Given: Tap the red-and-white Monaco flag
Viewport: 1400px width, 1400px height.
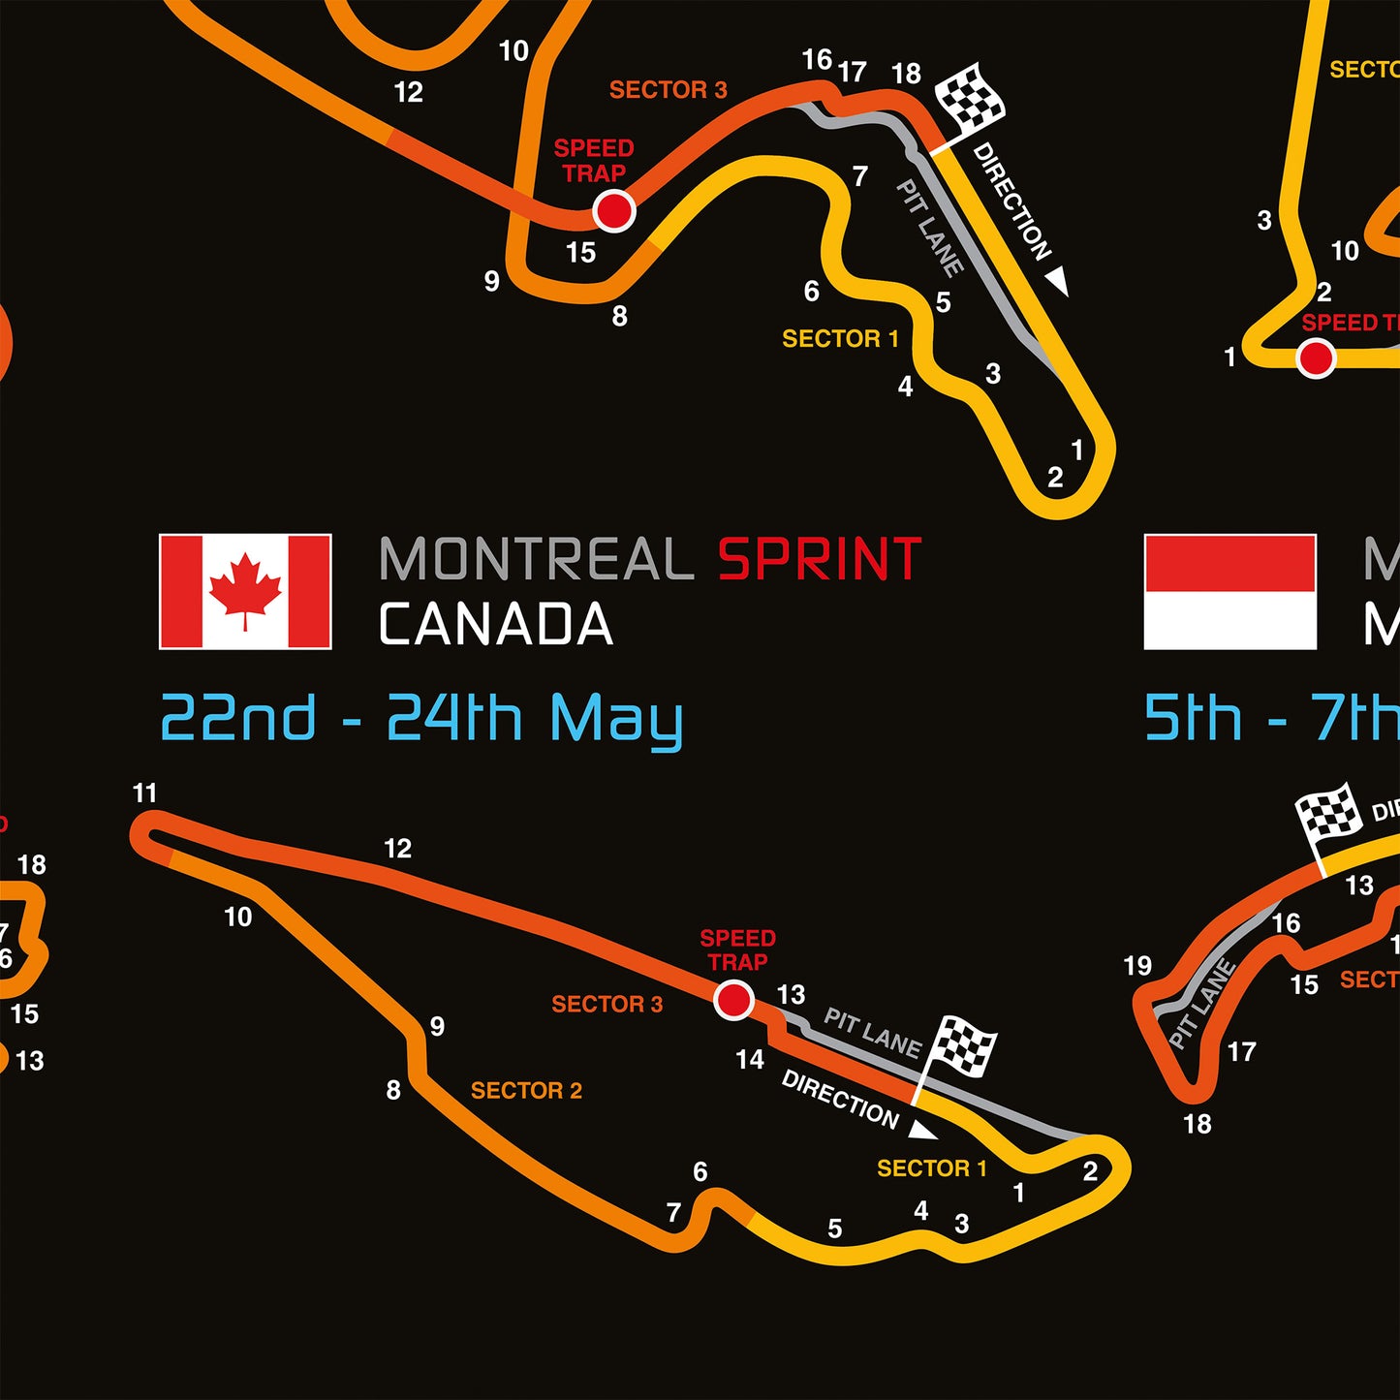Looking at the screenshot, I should click(x=1229, y=591).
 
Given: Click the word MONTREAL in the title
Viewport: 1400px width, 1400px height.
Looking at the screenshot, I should click(x=536, y=560).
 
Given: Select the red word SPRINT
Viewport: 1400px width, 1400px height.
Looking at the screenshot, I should click(x=819, y=560).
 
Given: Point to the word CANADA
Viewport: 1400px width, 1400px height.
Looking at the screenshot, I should click(x=495, y=625).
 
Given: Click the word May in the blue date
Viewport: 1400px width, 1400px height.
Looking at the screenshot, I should click(x=616, y=720).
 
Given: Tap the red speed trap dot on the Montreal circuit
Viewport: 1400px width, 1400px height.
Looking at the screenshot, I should click(x=733, y=999).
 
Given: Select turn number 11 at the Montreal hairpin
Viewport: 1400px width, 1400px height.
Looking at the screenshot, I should click(x=144, y=793).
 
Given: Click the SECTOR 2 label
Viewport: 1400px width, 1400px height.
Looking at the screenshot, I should click(x=526, y=1091).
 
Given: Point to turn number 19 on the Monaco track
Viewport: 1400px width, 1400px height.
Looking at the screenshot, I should click(x=1137, y=966).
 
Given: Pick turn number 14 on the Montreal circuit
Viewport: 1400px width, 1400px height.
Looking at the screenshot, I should click(x=749, y=1060).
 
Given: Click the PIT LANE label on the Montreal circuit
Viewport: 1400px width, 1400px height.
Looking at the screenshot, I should click(x=872, y=1032).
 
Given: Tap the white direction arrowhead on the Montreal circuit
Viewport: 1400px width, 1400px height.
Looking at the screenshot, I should click(x=922, y=1131).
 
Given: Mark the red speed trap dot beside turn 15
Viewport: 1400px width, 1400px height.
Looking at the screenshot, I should click(x=613, y=210).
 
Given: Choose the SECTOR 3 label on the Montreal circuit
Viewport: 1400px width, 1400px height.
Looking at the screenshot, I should click(x=607, y=1005).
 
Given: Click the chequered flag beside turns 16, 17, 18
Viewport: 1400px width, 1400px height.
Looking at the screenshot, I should click(x=971, y=97).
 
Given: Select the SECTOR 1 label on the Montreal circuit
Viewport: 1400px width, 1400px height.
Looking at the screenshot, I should click(x=931, y=1168).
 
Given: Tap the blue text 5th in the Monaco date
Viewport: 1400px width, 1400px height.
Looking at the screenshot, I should click(x=1193, y=719).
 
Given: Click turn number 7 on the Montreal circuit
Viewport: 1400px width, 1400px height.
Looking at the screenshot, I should click(x=673, y=1212).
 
